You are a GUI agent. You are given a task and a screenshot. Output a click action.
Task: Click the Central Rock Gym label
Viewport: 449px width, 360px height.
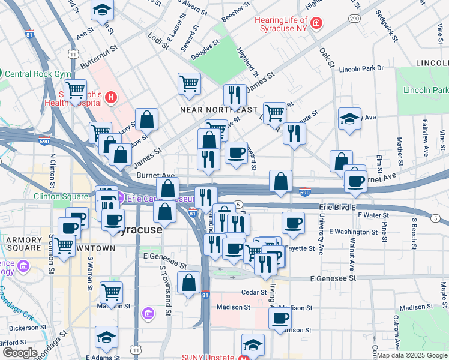click(36, 74)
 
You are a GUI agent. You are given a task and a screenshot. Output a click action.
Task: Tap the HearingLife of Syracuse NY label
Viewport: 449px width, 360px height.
click(280, 23)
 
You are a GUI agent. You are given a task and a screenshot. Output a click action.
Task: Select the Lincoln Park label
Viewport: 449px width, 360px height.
click(426, 90)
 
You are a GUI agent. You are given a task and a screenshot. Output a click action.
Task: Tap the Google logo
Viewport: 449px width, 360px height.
click(19, 353)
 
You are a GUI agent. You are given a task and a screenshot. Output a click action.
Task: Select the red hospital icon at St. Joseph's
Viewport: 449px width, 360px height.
click(111, 97)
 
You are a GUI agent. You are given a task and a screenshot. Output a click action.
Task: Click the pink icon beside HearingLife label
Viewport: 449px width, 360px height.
click(316, 24)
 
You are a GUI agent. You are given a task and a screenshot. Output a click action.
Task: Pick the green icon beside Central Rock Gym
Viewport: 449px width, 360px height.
click(2, 74)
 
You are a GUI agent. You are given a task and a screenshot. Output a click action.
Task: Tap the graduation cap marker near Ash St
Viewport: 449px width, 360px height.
click(102, 10)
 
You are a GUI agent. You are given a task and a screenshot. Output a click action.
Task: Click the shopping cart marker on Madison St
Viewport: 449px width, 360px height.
click(111, 292)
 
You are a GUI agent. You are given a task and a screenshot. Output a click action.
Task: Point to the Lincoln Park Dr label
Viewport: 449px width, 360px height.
click(361, 68)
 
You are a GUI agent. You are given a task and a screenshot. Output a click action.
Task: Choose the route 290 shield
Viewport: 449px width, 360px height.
click(355, 19)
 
